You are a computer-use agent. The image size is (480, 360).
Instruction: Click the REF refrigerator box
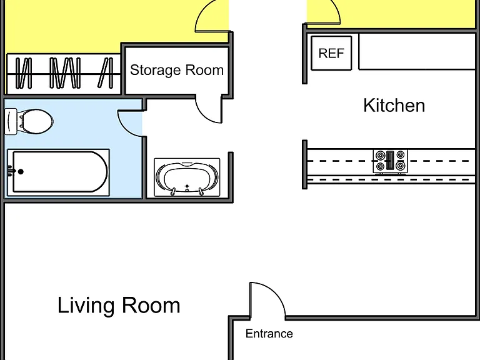tap(331, 53)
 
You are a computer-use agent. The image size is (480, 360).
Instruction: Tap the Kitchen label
tap(394, 106)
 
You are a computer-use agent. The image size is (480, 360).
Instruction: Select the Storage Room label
tap(177, 70)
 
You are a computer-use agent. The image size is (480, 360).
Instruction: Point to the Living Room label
tap(119, 305)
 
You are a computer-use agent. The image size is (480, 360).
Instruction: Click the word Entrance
tap(269, 333)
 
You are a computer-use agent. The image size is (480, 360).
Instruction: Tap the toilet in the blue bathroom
tap(29, 121)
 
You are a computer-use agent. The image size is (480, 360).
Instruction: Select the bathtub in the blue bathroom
tap(58, 172)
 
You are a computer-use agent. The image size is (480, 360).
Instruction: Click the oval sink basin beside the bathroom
tap(187, 177)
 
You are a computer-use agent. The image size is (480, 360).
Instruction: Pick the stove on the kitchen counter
tap(390, 161)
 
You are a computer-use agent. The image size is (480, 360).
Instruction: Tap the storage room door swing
tap(204, 116)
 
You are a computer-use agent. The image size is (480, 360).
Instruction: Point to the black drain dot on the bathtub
tap(21, 172)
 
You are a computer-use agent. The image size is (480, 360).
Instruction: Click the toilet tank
tap(11, 121)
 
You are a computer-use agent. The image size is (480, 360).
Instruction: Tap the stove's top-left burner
tap(380, 156)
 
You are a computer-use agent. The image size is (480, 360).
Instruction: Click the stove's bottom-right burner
tap(401, 166)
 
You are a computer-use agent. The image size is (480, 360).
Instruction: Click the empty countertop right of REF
tap(417, 52)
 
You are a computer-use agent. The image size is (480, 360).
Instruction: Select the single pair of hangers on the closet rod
tap(105, 72)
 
